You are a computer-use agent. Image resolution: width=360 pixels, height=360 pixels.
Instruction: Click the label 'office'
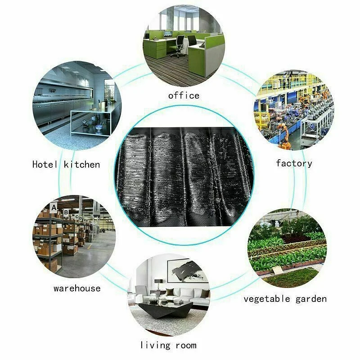click(184, 95)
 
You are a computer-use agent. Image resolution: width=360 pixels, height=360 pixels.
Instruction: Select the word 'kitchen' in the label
click(81, 164)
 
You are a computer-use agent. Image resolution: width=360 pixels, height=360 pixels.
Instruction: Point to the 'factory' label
click(294, 163)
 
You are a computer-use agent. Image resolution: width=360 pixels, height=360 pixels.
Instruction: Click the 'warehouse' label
click(77, 288)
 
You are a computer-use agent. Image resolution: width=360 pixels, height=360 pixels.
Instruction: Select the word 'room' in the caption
click(186, 346)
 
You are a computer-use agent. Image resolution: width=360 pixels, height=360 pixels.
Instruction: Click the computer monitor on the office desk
click(168, 33)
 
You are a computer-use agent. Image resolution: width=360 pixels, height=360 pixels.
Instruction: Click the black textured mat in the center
click(184, 180)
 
